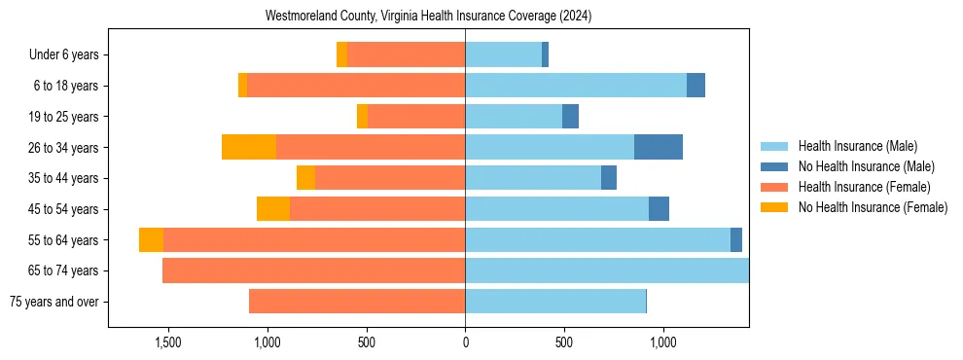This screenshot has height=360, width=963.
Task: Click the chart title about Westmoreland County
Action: coord(428,17)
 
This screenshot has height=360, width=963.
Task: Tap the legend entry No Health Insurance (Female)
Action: coord(873,207)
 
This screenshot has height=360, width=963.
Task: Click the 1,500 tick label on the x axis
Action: coord(168,342)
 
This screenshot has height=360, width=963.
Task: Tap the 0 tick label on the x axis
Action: coord(465,342)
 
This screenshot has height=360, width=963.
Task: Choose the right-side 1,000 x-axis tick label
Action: coord(662,342)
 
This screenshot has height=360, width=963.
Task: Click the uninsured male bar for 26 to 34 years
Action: coord(658,147)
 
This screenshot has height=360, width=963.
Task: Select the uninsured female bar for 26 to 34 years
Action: coord(249,147)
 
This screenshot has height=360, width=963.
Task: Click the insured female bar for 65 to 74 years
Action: coord(313,270)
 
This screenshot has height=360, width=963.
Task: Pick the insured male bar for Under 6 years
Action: coord(503,54)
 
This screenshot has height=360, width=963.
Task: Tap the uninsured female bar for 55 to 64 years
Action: coord(151,239)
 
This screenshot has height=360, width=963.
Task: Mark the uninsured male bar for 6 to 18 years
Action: coord(695,86)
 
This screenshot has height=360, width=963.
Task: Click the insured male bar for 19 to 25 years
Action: coord(514,117)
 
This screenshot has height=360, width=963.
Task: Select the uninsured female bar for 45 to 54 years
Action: coord(273,209)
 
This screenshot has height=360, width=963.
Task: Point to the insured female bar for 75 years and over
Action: coord(357,302)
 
